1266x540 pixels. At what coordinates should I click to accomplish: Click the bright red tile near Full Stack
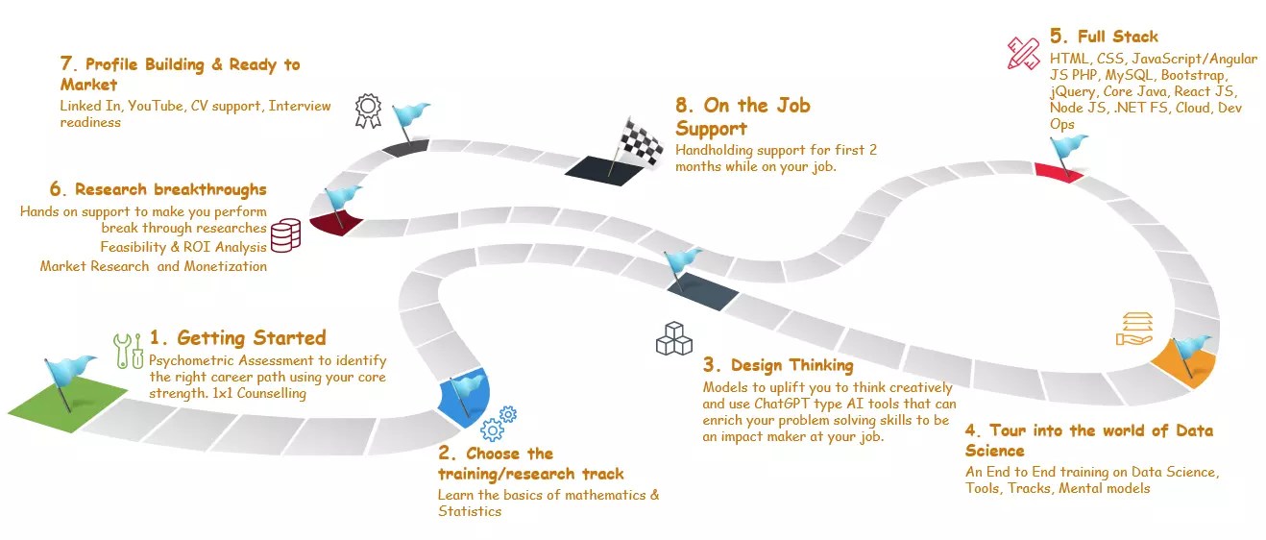(1059, 172)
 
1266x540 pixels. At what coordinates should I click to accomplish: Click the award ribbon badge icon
(367, 110)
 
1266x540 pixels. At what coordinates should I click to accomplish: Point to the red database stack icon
(285, 234)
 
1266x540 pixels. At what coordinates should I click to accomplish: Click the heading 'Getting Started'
(252, 337)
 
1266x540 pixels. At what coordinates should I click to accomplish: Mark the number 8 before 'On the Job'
(684, 105)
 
